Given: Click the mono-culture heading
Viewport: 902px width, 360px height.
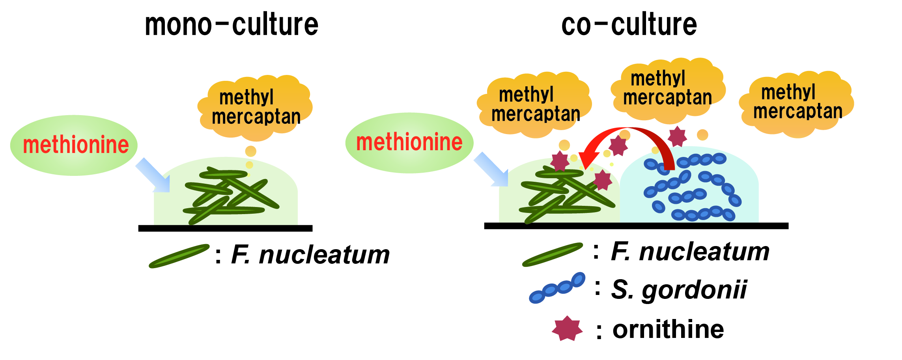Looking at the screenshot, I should (x=232, y=24).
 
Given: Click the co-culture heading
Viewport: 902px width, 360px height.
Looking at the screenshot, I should (x=629, y=24).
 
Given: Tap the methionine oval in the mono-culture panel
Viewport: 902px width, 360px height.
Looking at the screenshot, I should (x=74, y=145).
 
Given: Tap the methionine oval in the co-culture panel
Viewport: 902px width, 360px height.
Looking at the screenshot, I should (x=409, y=142).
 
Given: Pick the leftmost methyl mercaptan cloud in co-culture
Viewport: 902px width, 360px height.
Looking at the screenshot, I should (x=535, y=104).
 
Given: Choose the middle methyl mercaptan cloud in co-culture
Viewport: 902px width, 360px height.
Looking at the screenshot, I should (x=667, y=88).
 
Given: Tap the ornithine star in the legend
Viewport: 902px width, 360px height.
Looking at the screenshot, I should (x=567, y=328).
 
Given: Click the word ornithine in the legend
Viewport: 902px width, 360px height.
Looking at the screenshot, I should (x=668, y=329).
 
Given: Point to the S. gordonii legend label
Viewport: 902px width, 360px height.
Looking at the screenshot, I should (x=679, y=290).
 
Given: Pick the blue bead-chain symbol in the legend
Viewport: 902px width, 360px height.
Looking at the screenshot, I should (x=557, y=288).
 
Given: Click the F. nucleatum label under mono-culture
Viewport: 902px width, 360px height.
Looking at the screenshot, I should (x=310, y=255).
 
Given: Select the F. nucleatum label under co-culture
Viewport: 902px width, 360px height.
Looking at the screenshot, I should (x=690, y=252).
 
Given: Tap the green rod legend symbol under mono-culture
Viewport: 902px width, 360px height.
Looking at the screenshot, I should (x=179, y=256).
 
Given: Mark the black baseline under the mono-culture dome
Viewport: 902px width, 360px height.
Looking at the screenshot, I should (x=225, y=228).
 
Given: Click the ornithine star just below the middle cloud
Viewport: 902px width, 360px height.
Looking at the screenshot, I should (x=677, y=136).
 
